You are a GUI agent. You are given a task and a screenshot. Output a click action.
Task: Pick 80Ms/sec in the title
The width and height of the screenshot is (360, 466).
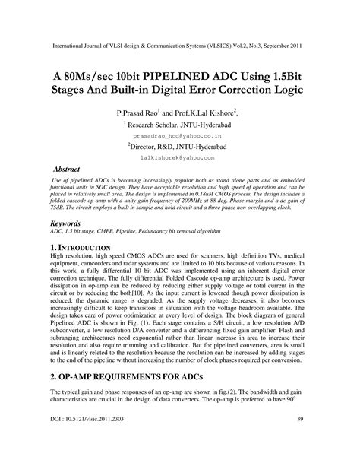(x=91, y=74)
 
